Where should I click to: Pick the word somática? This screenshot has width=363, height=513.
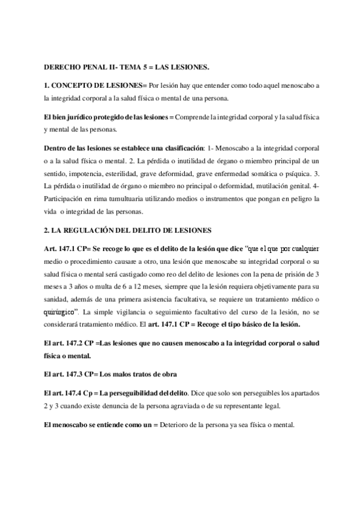265,175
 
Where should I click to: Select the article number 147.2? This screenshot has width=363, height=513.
75,342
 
